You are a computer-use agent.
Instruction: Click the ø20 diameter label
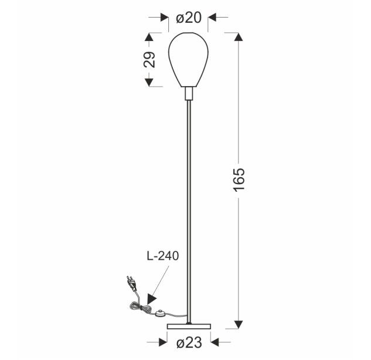point(189,18)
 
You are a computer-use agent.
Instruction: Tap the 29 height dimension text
point(149,59)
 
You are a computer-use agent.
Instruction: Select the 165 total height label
point(239,179)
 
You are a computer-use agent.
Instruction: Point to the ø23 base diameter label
point(189,342)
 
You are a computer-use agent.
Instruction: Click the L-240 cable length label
point(163,256)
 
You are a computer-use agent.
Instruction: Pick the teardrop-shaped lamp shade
point(188,60)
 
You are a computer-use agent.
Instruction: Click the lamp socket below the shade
point(189,93)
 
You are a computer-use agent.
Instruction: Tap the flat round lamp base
point(189,327)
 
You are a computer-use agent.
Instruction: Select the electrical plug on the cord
point(132,283)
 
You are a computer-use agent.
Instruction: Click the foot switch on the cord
point(161,314)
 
